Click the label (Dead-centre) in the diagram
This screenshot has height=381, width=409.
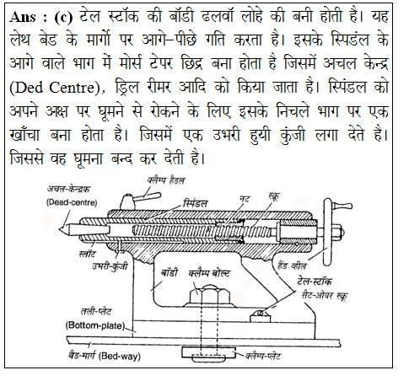[72, 202]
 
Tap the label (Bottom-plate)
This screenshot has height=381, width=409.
[95, 325]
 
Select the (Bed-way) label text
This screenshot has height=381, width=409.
[120, 357]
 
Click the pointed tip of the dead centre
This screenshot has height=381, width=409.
[59, 229]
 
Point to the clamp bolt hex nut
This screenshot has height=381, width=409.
[210, 296]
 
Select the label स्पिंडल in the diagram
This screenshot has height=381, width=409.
[196, 203]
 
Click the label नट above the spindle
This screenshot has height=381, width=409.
[245, 198]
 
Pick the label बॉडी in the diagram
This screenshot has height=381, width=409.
[169, 272]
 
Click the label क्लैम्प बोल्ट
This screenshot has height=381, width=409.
[209, 273]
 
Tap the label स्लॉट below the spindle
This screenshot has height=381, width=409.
[87, 255]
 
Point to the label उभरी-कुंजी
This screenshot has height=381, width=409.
[110, 266]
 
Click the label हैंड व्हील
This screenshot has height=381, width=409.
[292, 266]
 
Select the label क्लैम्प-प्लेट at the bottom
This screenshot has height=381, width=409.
[262, 356]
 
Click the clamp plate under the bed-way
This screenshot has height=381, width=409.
[209, 353]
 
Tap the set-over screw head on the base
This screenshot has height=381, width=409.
[260, 316]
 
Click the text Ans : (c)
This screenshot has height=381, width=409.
[41, 18]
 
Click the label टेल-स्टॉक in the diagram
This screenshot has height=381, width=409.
[315, 281]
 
